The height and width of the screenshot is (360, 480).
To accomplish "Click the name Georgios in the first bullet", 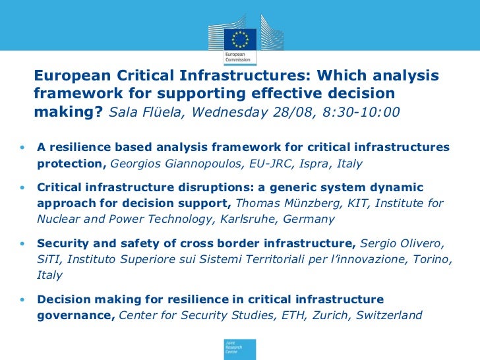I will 136,163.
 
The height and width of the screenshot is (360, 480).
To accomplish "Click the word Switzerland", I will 389,315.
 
